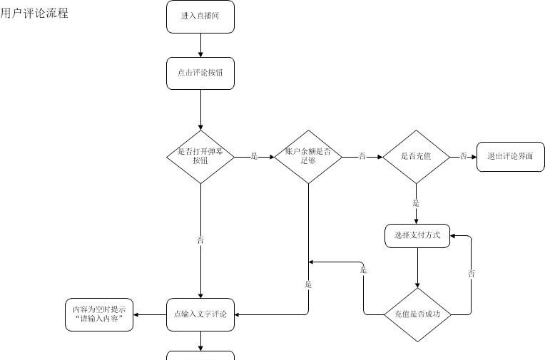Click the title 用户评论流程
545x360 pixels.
pyautogui.click(x=34, y=13)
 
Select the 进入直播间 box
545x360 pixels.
pyautogui.click(x=200, y=16)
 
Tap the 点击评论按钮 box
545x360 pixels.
pyautogui.click(x=200, y=73)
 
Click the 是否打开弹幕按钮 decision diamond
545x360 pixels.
pyautogui.click(x=200, y=156)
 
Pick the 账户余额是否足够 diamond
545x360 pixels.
pyautogui.click(x=308, y=156)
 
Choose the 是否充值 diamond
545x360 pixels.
pyautogui.click(x=416, y=156)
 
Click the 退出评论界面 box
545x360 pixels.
pyautogui.click(x=510, y=156)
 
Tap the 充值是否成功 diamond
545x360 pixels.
pyautogui.click(x=417, y=314)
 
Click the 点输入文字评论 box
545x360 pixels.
pyautogui.click(x=200, y=314)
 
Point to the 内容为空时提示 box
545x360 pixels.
pyautogui.click(x=99, y=314)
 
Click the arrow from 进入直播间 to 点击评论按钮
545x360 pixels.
pyautogui.click(x=200, y=45)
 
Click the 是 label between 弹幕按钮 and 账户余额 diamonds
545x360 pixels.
pyautogui.click(x=254, y=156)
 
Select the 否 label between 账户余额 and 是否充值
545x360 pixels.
pyautogui.click(x=362, y=156)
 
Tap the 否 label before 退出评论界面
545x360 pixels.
pyautogui.click(x=463, y=156)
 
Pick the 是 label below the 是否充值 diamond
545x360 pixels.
pyautogui.click(x=416, y=203)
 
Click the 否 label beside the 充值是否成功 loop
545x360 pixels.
pyautogui.click(x=472, y=273)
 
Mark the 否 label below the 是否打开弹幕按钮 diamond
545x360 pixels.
pyautogui.click(x=200, y=240)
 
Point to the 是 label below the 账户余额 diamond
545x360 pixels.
pyautogui.click(x=308, y=284)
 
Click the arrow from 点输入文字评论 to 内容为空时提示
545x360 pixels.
pyautogui.click(x=151, y=314)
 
